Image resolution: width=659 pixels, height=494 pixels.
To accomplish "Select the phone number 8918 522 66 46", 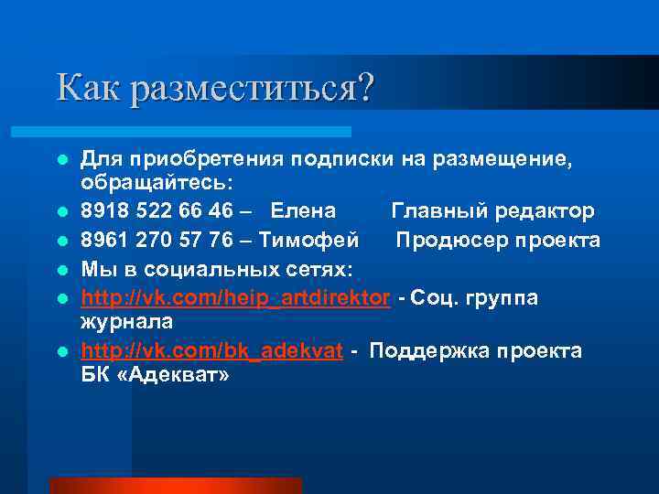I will (157, 211).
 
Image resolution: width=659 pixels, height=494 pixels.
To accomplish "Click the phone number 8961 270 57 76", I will (157, 241).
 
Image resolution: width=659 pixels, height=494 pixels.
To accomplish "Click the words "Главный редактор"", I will (493, 211).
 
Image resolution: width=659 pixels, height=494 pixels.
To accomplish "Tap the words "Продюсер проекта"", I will (499, 241).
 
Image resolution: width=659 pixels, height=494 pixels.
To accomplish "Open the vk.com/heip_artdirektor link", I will (235, 297).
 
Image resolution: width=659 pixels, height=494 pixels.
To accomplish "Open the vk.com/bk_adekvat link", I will (212, 352).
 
